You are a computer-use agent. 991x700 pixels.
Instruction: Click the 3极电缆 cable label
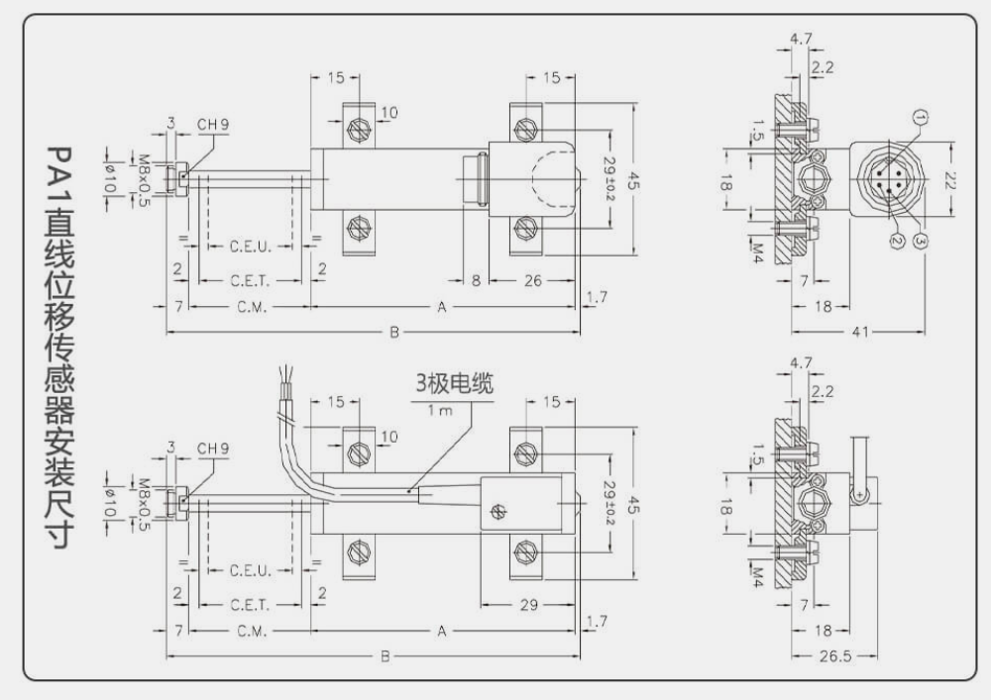tap(453, 381)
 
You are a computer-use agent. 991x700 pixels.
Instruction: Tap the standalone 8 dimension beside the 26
tap(476, 281)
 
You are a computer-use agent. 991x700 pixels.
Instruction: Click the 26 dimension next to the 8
tap(532, 281)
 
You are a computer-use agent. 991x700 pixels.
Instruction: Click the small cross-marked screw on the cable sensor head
tap(498, 510)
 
